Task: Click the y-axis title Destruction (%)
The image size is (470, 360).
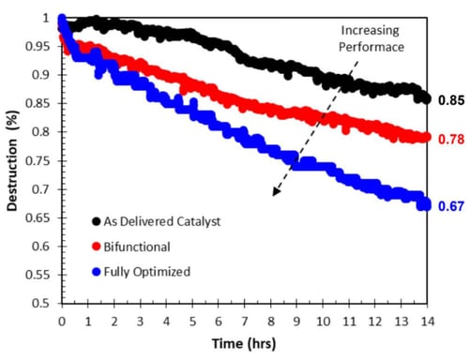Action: pyautogui.click(x=10, y=159)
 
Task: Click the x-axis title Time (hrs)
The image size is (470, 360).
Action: pyautogui.click(x=244, y=343)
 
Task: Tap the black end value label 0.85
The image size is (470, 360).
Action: pyautogui.click(x=450, y=99)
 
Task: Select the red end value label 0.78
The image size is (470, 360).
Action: pyautogui.click(x=450, y=139)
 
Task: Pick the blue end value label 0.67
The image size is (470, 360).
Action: pyautogui.click(x=450, y=204)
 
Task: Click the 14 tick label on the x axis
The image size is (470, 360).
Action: pyautogui.click(x=429, y=320)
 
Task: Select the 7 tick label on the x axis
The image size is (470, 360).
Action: pyautogui.click(x=245, y=320)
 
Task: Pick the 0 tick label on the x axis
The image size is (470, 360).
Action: pyautogui.click(x=61, y=320)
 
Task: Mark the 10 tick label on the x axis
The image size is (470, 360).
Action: pyautogui.click(x=324, y=320)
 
